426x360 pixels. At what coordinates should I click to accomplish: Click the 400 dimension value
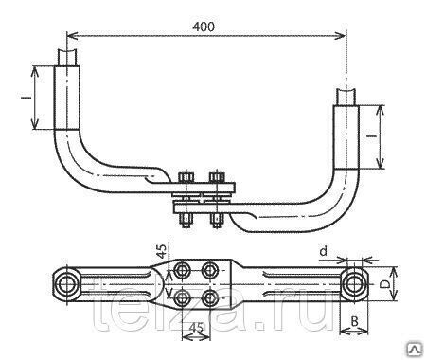pyautogui.click(x=204, y=27)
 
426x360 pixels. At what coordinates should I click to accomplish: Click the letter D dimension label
pyautogui.click(x=383, y=284)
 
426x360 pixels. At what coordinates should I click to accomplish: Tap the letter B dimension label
pyautogui.click(x=355, y=321)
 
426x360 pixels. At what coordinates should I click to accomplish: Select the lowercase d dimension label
pyautogui.click(x=324, y=251)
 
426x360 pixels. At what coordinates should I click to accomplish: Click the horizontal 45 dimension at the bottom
pyautogui.click(x=196, y=328)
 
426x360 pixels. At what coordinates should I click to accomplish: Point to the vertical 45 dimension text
pyautogui.click(x=162, y=251)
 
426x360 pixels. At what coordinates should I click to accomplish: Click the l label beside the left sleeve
pyautogui.click(x=27, y=98)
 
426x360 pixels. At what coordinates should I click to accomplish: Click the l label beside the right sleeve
pyautogui.click(x=372, y=136)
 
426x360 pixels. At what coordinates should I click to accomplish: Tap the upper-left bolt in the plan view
pyautogui.click(x=182, y=270)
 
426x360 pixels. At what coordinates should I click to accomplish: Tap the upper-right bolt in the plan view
pyautogui.click(x=210, y=270)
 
